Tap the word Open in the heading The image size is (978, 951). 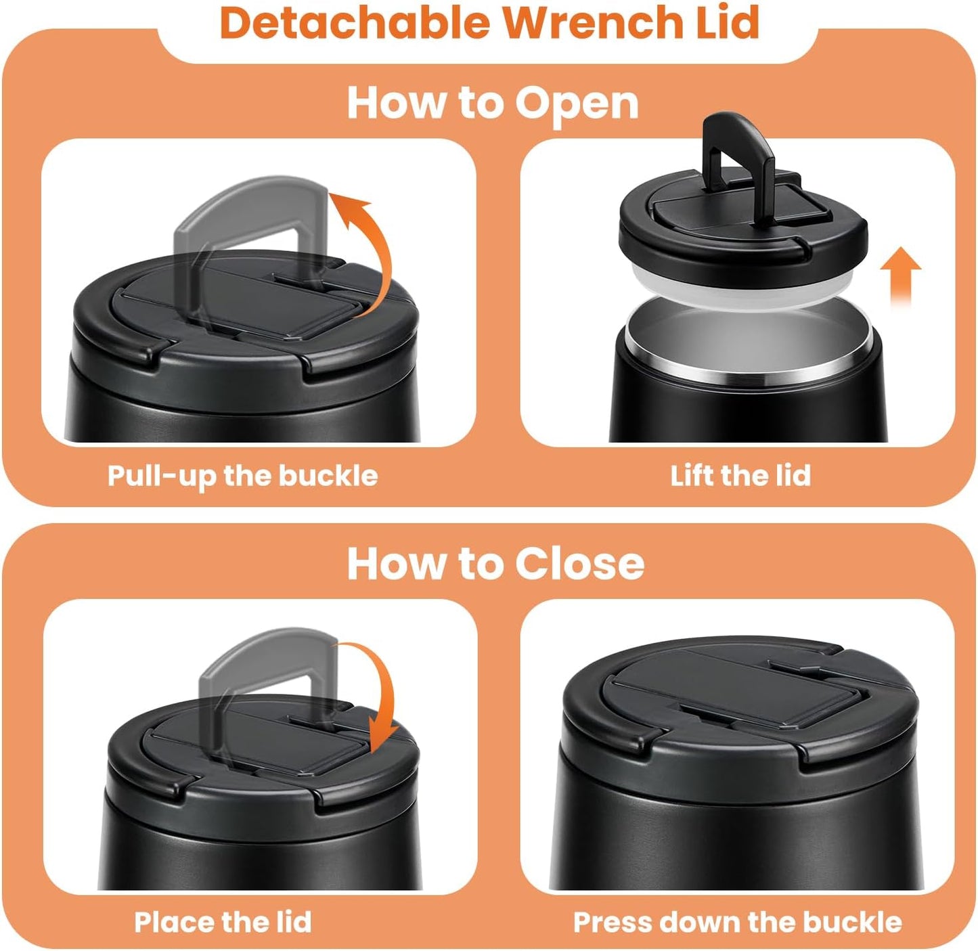tap(576, 104)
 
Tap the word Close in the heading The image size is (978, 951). tap(579, 563)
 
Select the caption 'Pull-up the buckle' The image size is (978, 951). tap(242, 476)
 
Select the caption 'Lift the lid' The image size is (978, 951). tap(740, 476)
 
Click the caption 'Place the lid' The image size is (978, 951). tap(223, 922)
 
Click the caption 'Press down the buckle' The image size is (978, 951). tap(737, 922)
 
